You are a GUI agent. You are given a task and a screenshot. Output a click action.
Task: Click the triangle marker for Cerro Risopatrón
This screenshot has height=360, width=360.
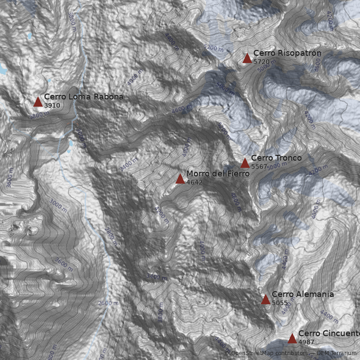(x=247, y=58)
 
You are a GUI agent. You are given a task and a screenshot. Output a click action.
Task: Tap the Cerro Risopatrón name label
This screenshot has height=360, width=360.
(x=287, y=54)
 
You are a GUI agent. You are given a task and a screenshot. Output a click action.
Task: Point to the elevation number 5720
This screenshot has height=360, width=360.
(x=261, y=62)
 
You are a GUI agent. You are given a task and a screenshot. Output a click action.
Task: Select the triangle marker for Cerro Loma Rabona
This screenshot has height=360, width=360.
(x=38, y=102)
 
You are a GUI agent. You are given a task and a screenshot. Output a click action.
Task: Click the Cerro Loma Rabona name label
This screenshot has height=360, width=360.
(x=83, y=97)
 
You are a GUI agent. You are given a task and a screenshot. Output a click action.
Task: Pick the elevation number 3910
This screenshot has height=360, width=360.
(x=52, y=105)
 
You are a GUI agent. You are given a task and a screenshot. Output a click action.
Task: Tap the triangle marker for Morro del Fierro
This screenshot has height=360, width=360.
(x=180, y=179)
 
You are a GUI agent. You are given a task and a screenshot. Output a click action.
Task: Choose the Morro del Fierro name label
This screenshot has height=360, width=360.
(x=218, y=174)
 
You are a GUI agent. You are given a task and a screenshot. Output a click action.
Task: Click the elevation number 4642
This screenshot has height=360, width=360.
(x=194, y=183)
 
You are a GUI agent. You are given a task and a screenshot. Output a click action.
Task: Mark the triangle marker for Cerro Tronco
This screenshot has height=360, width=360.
(x=245, y=163)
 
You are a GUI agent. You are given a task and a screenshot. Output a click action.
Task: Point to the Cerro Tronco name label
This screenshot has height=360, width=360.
(x=276, y=158)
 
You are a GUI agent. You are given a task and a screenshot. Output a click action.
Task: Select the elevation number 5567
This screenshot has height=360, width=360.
(x=259, y=166)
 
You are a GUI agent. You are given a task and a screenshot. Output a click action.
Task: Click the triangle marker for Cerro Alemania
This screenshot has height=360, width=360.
(x=265, y=300)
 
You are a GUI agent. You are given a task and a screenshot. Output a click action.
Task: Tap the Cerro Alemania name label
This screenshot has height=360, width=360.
(x=302, y=294)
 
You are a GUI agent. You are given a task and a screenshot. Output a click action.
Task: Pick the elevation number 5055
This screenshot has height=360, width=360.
(x=279, y=303)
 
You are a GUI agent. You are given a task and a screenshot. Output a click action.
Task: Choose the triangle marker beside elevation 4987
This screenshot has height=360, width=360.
(x=292, y=338)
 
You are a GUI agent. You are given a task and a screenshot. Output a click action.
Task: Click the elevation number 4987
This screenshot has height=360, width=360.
(x=306, y=342)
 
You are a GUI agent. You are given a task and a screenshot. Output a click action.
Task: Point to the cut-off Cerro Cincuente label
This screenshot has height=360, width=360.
(x=329, y=333)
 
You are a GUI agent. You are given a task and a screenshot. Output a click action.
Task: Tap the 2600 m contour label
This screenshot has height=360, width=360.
(x=108, y=303)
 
